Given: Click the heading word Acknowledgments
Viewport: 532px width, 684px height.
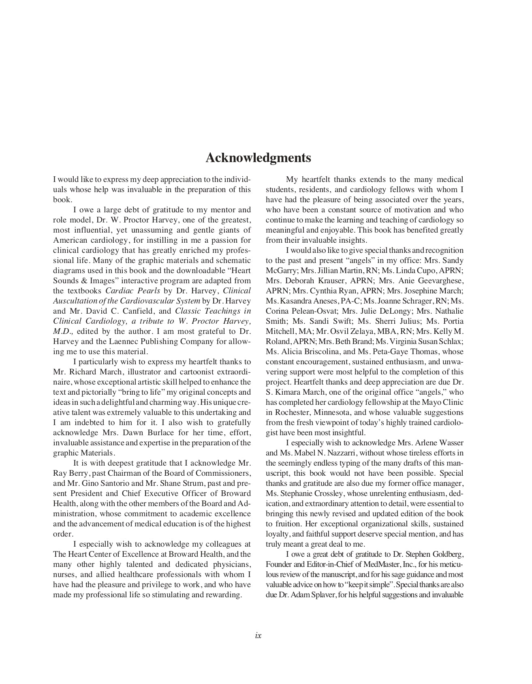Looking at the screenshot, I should (x=258, y=158).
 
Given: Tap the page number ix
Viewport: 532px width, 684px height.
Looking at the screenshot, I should (x=258, y=636).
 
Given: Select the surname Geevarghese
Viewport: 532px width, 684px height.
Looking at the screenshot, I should (x=438, y=281).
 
